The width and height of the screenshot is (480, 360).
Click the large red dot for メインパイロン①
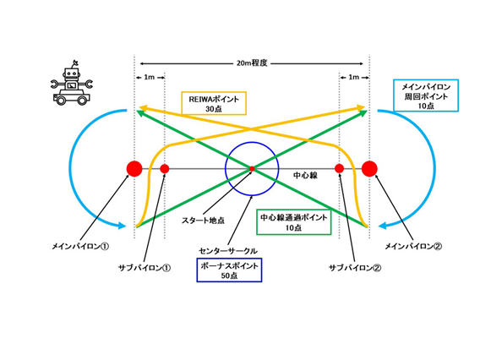tap(134, 169)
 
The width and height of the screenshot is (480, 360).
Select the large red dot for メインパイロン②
tap(369, 169)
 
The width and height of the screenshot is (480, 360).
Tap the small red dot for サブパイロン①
tap(165, 169)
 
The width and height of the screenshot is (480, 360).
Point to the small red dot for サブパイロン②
tap(339, 169)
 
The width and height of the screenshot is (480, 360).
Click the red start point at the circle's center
tap(252, 169)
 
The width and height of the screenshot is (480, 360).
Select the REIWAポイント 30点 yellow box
tap(214, 103)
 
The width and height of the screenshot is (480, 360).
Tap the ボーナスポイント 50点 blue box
tap(229, 270)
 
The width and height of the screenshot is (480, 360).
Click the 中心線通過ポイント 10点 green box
tap(294, 222)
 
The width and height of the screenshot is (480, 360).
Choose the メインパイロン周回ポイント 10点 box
tap(426, 95)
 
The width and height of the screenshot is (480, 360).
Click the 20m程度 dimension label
tap(252, 63)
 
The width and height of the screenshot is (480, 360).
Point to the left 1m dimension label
tap(149, 77)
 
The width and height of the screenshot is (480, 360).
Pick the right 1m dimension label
tap(354, 77)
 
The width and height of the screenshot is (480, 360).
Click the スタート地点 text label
tap(203, 220)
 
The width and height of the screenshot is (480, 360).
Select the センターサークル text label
tap(228, 251)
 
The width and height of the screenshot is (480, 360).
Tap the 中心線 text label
tap(305, 176)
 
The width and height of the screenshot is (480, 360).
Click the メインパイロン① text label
tap(80, 246)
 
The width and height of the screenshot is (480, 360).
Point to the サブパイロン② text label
tap(355, 268)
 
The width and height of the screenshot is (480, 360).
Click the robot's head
tap(72, 74)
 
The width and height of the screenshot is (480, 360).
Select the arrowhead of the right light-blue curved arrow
tap(384, 226)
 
